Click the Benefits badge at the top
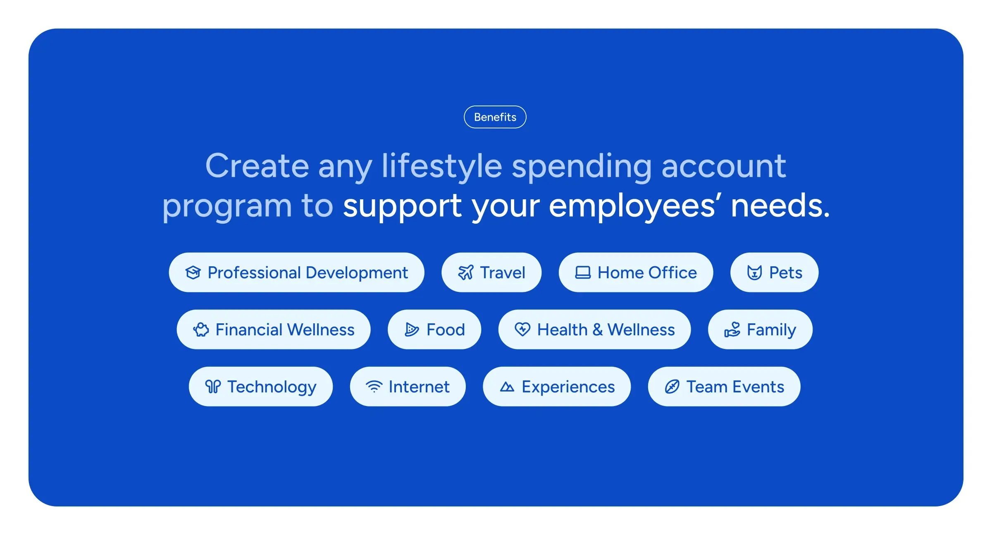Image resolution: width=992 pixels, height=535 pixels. point(495,117)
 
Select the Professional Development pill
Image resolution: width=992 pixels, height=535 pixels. point(296,272)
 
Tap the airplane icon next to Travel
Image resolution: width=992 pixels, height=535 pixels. point(465,272)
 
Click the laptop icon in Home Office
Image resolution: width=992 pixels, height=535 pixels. point(583,272)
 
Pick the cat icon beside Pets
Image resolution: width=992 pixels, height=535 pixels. point(754,272)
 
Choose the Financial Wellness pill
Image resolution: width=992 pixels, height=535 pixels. point(273,330)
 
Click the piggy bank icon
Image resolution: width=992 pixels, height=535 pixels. point(201,330)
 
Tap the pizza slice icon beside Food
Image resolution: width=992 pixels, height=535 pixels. point(412,330)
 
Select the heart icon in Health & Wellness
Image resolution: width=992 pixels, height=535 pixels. point(522,330)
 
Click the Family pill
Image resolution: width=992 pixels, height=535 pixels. point(760,330)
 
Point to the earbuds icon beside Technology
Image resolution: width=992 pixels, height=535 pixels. point(213,387)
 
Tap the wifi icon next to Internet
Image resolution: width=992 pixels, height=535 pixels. point(374,387)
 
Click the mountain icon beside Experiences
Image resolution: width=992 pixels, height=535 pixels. point(507,387)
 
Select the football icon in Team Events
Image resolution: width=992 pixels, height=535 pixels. point(672,387)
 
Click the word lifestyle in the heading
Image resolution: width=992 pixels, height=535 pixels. point(442,167)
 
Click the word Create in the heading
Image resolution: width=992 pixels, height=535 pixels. point(257,166)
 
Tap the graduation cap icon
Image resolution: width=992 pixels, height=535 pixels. point(193,272)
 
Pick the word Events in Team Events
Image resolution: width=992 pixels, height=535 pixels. point(758,387)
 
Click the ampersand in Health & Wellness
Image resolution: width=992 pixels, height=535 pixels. point(598,330)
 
